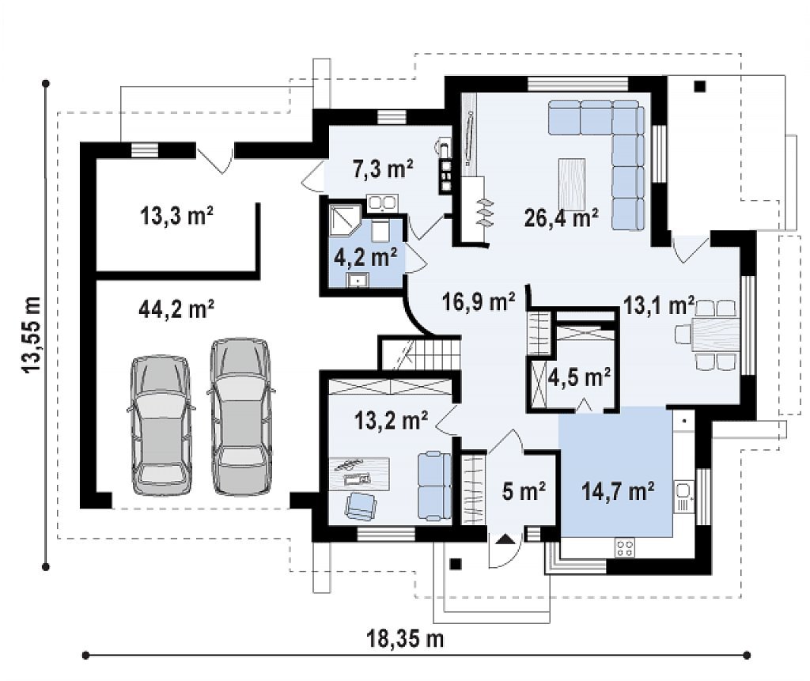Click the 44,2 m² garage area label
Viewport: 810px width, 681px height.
tap(176, 310)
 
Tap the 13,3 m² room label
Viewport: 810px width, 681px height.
tap(176, 216)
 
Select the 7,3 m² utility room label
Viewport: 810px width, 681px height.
tap(384, 169)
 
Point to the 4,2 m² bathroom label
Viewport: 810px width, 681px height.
tap(365, 257)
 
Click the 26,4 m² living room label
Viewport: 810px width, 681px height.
tap(562, 218)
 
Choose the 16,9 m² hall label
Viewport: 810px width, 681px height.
tap(479, 301)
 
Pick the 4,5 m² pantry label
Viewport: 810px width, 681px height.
tap(579, 377)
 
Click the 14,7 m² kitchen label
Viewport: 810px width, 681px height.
tap(619, 490)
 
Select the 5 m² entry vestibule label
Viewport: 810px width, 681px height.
tap(524, 491)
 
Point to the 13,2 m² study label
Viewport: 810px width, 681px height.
tap(391, 420)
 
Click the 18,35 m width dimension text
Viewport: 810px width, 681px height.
tap(405, 638)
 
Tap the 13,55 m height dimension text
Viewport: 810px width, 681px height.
tap(31, 335)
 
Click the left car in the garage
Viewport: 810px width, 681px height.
tap(161, 426)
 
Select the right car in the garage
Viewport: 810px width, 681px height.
tap(241, 417)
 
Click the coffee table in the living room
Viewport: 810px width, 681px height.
tap(572, 184)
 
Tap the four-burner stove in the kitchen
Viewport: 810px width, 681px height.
tap(626, 547)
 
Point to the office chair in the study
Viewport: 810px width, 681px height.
tap(360, 505)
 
